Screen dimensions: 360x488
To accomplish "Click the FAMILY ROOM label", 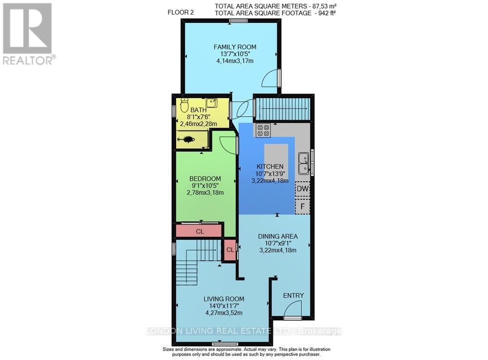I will tap(235, 47).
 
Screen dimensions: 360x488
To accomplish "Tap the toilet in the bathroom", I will tap(184, 105).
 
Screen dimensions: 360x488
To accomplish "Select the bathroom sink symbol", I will tap(211, 103).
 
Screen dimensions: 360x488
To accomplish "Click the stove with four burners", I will tap(264, 130).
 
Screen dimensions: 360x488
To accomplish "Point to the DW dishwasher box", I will tap(302, 189).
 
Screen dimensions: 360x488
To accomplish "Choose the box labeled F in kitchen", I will tap(303, 206).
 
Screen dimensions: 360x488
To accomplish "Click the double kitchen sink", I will tap(304, 163).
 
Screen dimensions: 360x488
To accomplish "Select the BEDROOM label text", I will tap(205, 179).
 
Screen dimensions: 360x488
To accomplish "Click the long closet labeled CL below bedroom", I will tap(199, 232).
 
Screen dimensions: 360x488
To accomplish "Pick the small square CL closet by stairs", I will tap(230, 250).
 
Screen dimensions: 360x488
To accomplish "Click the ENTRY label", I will tap(293, 296).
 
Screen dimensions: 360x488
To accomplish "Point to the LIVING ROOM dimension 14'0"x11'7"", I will tap(224, 306).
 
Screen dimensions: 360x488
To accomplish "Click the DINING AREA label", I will tap(277, 236).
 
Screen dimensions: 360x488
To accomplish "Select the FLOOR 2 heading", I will tap(181, 13).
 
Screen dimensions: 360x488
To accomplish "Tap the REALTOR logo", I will tap(28, 33).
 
